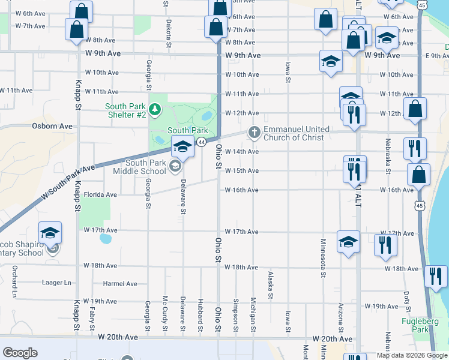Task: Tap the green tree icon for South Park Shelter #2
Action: [155, 109]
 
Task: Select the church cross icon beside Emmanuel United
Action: [254, 132]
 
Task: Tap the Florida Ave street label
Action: [100, 194]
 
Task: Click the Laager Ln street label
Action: [56, 283]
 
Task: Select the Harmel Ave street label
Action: [120, 284]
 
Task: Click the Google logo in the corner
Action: [20, 353]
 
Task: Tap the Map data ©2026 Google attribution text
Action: [412, 355]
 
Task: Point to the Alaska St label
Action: [270, 284]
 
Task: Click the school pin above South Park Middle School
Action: [183, 146]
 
